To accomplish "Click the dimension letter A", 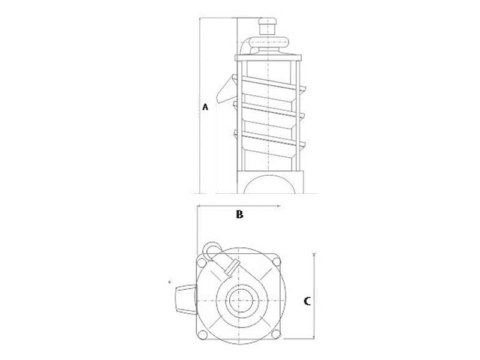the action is [205, 107].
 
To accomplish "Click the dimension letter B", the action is [239, 214].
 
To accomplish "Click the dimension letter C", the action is [307, 301].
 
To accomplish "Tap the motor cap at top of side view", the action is [267, 26].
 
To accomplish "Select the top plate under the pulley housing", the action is [268, 58].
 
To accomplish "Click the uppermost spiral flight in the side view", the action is [269, 88].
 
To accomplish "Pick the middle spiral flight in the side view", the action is [269, 115].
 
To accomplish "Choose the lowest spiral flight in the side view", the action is [269, 143].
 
